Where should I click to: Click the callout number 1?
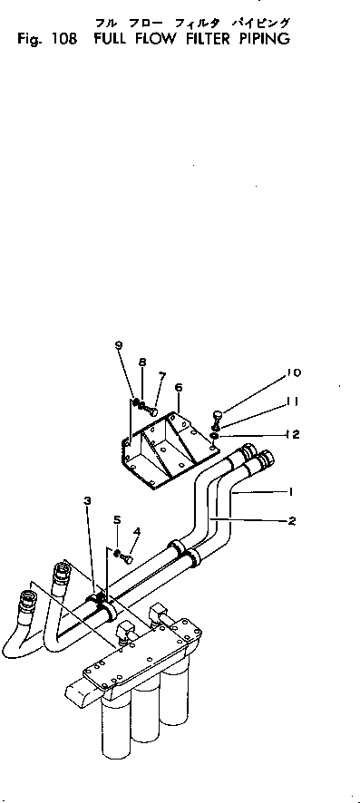pyautogui.click(x=290, y=493)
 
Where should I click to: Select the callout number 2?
pyautogui.click(x=291, y=521)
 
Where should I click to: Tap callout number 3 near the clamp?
pyautogui.click(x=88, y=501)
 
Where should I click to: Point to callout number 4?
pyautogui.click(x=137, y=531)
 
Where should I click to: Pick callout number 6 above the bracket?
pyautogui.click(x=179, y=386)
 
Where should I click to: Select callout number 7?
pyautogui.click(x=161, y=375)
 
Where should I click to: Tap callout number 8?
pyautogui.click(x=142, y=363)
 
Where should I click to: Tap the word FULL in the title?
pyautogui.click(x=103, y=40)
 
